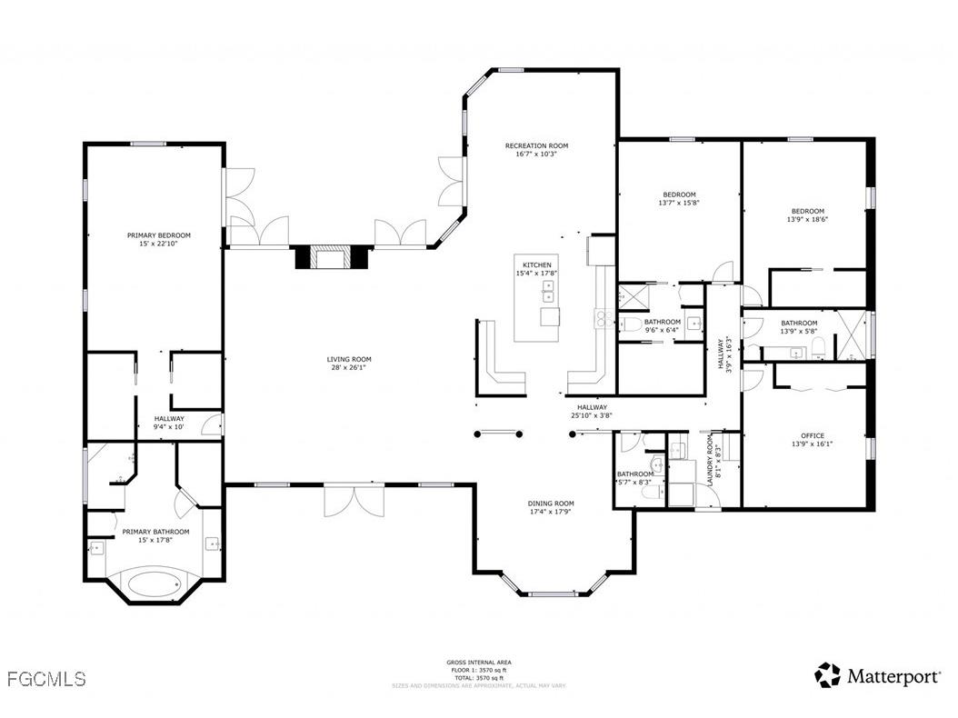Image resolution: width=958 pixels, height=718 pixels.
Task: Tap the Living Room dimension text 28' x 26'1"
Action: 349,368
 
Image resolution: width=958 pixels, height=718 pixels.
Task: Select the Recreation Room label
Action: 536,145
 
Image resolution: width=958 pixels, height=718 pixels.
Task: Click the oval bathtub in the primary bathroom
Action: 154,583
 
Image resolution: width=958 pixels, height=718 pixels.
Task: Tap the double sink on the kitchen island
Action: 549,291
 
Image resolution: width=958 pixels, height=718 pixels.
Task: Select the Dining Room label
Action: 551,504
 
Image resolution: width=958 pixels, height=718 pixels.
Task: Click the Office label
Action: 812,435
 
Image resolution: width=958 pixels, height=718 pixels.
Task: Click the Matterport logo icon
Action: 827,675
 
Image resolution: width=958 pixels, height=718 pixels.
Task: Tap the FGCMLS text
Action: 45,678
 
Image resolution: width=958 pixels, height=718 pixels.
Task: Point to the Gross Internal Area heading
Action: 479,663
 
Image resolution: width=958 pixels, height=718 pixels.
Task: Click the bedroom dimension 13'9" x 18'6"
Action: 807,219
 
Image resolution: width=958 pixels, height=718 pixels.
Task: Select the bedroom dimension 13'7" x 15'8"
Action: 679,204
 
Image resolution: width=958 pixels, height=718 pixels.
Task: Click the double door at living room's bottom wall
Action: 350,501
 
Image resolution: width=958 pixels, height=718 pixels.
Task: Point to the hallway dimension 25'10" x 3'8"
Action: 591,415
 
